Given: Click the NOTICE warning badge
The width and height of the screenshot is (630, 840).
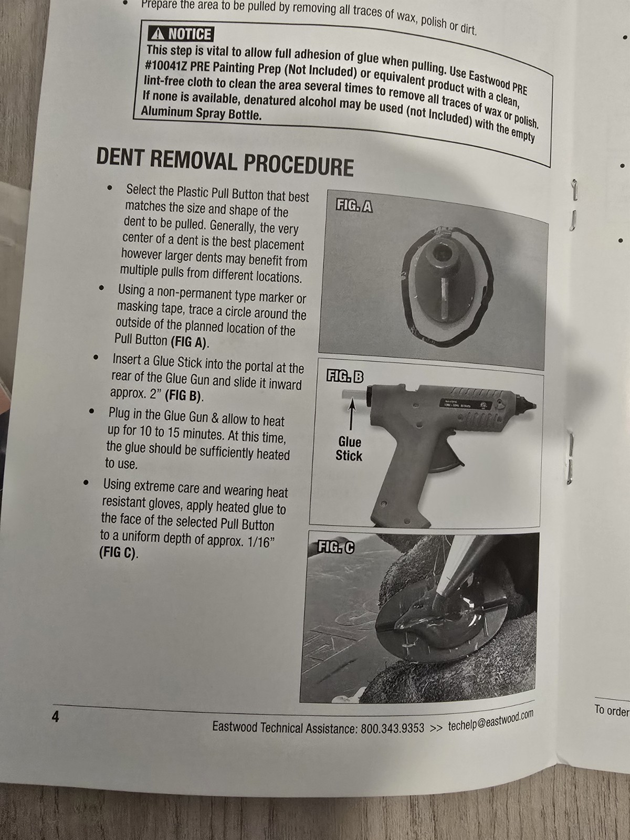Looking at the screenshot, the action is coord(181,34).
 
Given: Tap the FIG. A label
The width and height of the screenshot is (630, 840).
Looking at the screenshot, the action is coord(354,205).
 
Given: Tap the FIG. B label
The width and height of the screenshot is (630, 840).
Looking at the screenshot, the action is coord(345,376).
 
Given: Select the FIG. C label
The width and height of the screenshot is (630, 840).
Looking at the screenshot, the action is coord(336,548).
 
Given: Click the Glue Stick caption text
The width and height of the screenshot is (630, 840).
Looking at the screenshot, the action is coord(349,449).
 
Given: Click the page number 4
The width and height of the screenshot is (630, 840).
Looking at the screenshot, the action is coord(56,717).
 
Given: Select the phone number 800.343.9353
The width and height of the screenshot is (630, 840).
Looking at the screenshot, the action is coord(392,728).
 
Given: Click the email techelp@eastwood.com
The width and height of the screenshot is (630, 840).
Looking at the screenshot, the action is coord(490,721).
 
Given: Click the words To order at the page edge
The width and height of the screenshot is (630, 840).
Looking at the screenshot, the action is coord(612,711).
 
